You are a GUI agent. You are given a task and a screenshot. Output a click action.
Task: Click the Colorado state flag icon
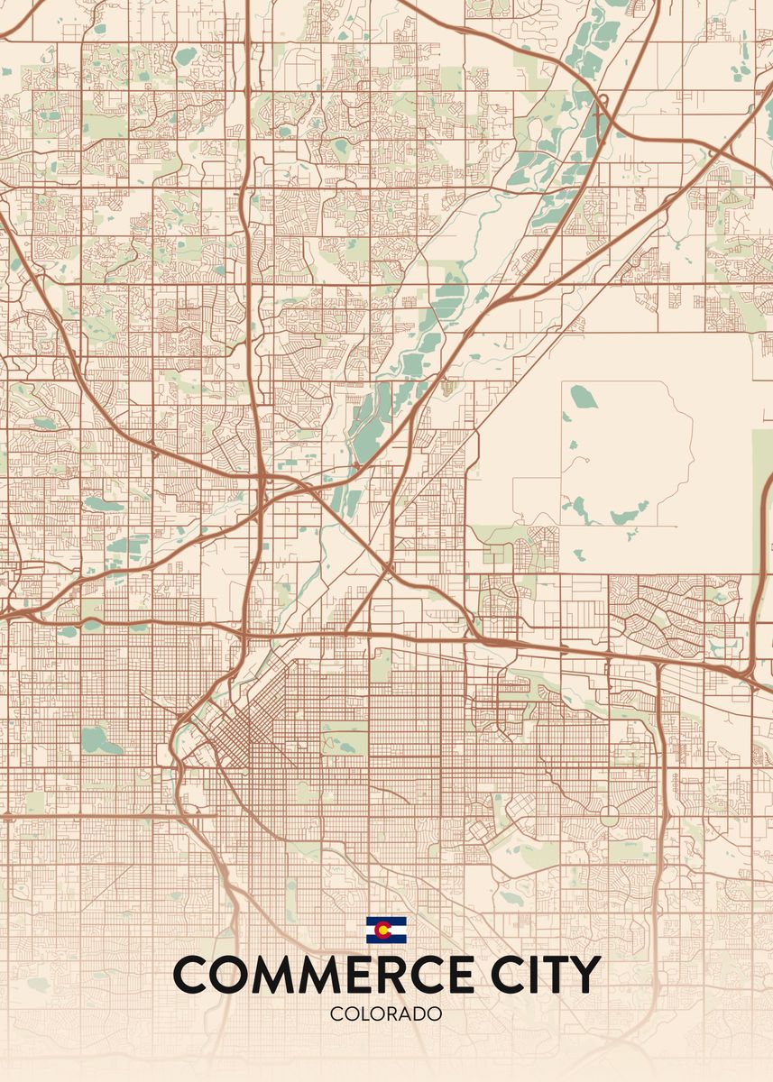[386, 930]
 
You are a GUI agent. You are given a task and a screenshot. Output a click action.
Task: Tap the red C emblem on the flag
[385, 930]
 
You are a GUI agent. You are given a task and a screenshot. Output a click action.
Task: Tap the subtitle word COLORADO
[386, 1013]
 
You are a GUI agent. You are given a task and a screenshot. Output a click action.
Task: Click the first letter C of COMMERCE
[191, 975]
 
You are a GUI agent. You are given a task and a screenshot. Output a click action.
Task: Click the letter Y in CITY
[584, 975]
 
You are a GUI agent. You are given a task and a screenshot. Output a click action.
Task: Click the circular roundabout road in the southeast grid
[609, 816]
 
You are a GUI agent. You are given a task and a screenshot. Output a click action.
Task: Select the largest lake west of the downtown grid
[99, 741]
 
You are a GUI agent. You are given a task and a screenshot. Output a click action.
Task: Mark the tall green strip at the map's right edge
[762, 505]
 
